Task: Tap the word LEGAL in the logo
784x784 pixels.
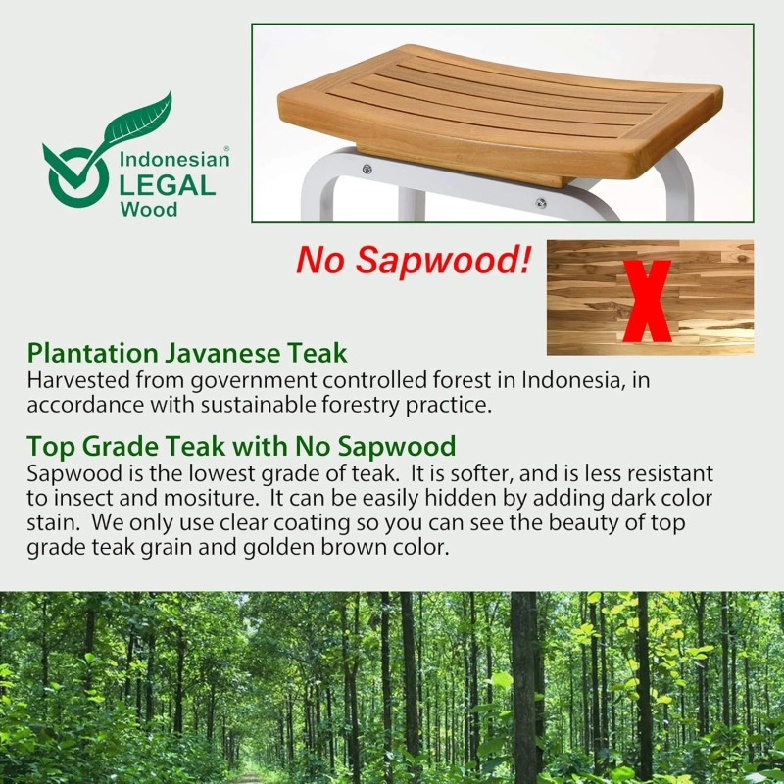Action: [167, 184]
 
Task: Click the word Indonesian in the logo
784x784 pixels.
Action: [173, 159]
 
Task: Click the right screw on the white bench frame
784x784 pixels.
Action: [540, 204]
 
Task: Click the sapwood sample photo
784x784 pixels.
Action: [598, 297]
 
